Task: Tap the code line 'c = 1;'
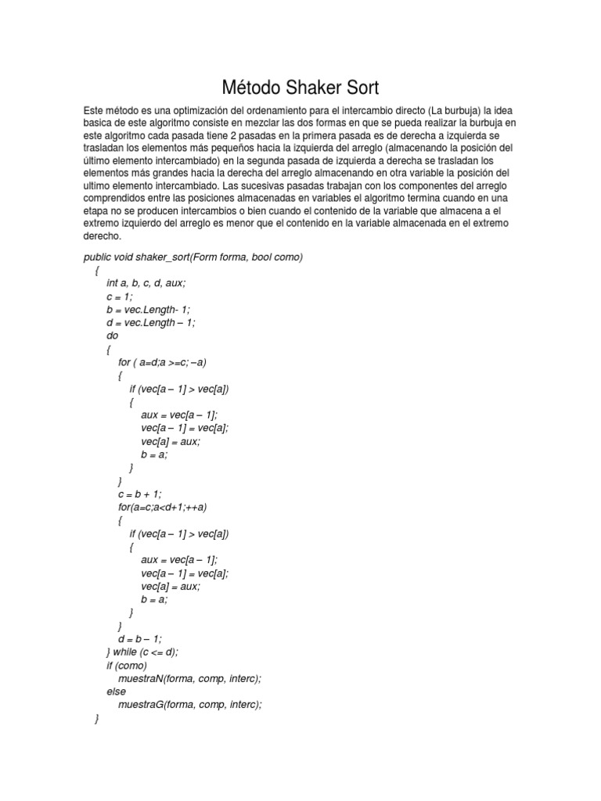(x=121, y=296)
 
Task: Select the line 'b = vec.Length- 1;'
(x=149, y=310)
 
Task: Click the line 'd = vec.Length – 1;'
(x=151, y=322)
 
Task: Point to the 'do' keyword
(x=112, y=336)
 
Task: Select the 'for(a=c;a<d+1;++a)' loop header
(x=163, y=507)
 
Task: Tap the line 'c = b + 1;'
(x=139, y=494)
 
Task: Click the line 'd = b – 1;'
(x=139, y=638)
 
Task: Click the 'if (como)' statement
(x=126, y=665)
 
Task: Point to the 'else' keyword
(x=116, y=691)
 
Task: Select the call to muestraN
(x=189, y=678)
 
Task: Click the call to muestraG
(x=189, y=704)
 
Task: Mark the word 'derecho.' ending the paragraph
(x=103, y=235)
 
